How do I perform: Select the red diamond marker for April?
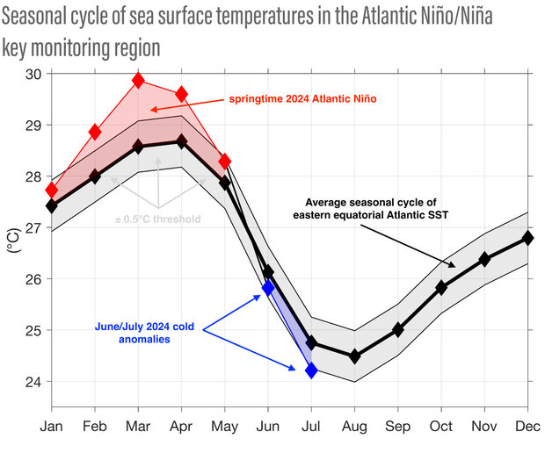(181, 94)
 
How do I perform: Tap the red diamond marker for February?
(95, 133)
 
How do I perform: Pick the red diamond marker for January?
(52, 190)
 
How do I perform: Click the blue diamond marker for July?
(311, 370)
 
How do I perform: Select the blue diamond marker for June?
(268, 287)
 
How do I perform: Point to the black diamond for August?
(354, 356)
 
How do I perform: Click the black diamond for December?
(527, 238)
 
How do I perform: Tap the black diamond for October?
(441, 288)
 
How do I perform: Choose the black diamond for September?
(397, 330)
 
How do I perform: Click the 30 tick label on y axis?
(33, 74)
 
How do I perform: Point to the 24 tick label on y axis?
(33, 382)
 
